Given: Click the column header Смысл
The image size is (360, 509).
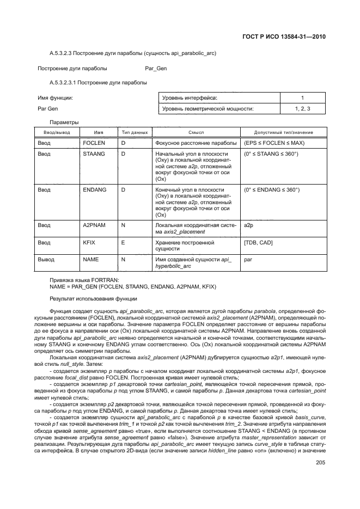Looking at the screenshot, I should tap(196, 132).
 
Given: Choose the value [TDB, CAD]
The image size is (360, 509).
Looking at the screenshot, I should tap(259, 242).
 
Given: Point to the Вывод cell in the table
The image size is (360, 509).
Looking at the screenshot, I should tap(46, 260).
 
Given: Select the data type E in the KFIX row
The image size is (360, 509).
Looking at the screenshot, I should tap(123, 242).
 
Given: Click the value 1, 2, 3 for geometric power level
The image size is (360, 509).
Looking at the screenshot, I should tap(303, 109).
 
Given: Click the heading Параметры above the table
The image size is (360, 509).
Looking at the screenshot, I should tap(64, 122).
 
